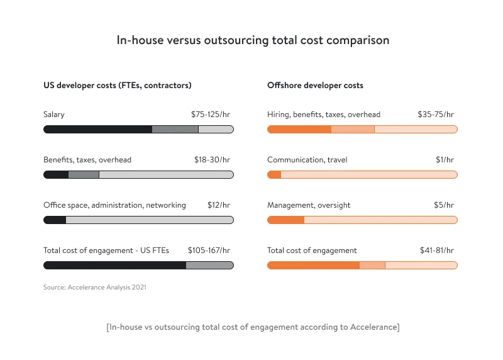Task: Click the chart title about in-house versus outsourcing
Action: (253, 40)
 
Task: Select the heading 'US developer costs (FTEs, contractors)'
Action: (117, 85)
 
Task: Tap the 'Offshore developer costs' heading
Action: (315, 85)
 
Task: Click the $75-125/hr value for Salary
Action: (211, 115)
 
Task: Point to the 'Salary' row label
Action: (54, 115)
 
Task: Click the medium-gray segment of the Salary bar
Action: (175, 129)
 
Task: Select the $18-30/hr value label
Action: (212, 160)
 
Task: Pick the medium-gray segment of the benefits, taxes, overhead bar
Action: (84, 174)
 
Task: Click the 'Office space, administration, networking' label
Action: (114, 205)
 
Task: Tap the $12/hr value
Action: (219, 205)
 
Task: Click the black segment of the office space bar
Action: (55, 220)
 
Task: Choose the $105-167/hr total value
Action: (209, 250)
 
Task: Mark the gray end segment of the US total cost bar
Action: (209, 265)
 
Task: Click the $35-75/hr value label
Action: (436, 115)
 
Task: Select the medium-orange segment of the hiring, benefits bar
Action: (353, 129)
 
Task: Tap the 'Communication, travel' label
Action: (307, 160)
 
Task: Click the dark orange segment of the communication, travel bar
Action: (274, 174)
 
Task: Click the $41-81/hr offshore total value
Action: (437, 250)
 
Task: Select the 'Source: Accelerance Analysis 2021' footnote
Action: (94, 287)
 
